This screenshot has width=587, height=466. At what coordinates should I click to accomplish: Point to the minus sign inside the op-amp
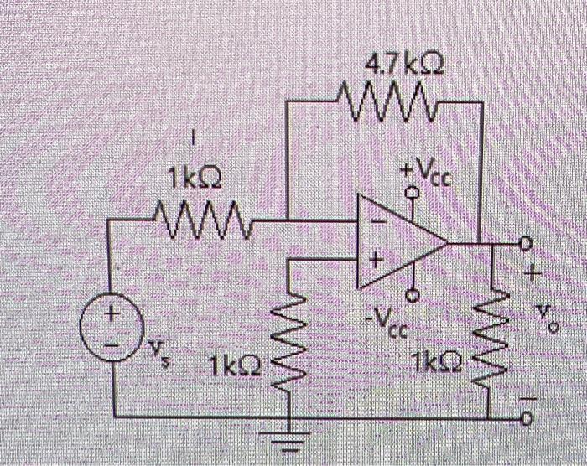(x=376, y=224)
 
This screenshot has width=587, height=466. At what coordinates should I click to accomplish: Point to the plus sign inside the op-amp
(x=377, y=262)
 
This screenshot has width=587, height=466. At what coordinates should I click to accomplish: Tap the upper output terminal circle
(x=527, y=243)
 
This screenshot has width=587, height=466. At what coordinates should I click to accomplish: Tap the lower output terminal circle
(x=527, y=417)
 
